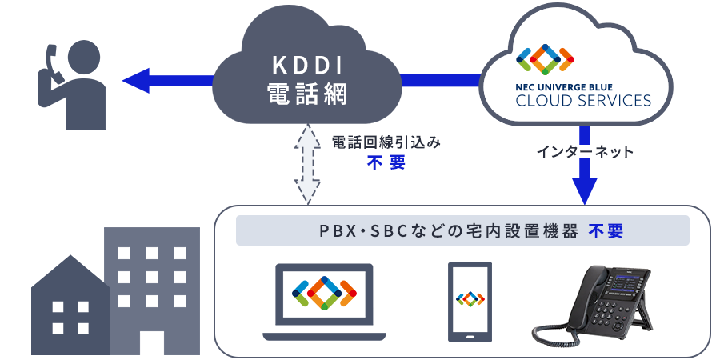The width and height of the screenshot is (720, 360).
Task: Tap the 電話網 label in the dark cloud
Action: click(306, 94)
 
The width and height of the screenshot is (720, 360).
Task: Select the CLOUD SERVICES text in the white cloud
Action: click(583, 101)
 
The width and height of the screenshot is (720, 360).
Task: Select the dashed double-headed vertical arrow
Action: click(310, 163)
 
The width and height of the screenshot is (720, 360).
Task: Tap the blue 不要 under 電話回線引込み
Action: click(386, 162)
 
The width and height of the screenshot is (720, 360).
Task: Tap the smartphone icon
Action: click(470, 300)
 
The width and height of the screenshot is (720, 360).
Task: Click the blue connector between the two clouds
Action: click(440, 79)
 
